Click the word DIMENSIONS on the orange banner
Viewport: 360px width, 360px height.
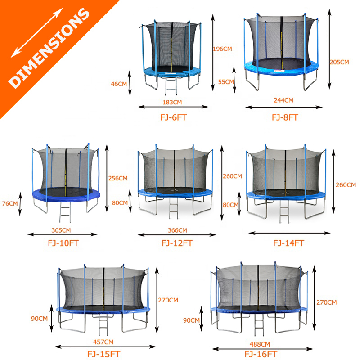(49, 48)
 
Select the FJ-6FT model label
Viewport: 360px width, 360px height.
(174, 117)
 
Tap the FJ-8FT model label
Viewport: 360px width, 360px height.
(285, 117)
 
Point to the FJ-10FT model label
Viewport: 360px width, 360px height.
(63, 243)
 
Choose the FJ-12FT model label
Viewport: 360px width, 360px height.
(177, 243)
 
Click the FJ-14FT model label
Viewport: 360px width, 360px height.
(288, 243)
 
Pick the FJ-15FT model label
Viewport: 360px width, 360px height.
(104, 354)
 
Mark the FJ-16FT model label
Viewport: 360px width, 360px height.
(261, 354)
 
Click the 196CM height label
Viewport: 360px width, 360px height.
(222, 49)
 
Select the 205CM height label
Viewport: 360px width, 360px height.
(339, 62)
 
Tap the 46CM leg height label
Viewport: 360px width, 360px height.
(119, 84)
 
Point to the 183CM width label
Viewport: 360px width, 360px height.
(172, 103)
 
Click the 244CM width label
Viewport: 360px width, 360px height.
(283, 100)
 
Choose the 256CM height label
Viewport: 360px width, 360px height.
(118, 178)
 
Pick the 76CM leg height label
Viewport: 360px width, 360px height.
(10, 204)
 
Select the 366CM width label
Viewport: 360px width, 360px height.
(177, 230)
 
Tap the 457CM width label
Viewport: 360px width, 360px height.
(103, 342)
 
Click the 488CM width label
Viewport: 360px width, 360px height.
(260, 344)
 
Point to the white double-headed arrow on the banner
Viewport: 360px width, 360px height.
(37, 33)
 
